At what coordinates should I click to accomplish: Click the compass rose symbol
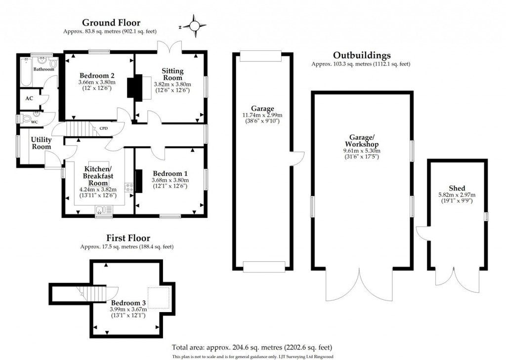pos(194,26)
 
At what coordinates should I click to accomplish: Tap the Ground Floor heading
pos(111,22)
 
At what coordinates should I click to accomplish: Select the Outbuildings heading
pos(361,55)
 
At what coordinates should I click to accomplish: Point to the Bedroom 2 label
pos(97,76)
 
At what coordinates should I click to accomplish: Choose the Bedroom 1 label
pos(170,173)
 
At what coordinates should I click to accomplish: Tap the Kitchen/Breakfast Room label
pos(97,176)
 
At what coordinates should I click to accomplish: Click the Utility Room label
pos(42,143)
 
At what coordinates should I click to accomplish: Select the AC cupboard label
pos(29,98)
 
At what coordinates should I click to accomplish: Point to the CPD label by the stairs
pos(104,127)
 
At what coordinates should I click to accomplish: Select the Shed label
pos(457,188)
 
